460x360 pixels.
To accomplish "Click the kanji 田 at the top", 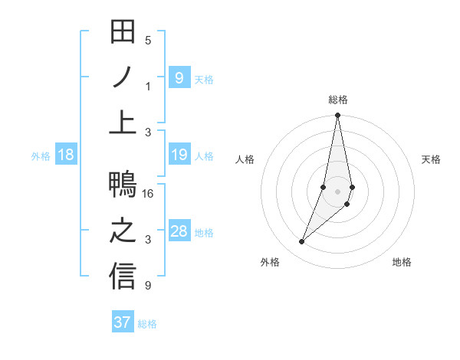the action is (x=123, y=32).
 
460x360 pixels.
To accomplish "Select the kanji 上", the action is (x=123, y=123).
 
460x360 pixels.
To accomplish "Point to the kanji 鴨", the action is (x=123, y=186).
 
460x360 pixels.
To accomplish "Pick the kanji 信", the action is (x=123, y=277).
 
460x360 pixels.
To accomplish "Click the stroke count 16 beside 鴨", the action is (x=149, y=194).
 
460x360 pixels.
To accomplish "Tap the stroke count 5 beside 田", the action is (x=148, y=40).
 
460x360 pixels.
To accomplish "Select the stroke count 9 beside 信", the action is (x=148, y=286).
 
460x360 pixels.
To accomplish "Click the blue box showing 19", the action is (x=179, y=155).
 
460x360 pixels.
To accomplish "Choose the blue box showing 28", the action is (x=179, y=232).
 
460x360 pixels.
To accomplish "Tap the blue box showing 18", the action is (x=65, y=155).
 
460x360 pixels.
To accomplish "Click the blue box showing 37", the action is (x=123, y=322).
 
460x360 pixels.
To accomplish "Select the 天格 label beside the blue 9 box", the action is (x=204, y=79).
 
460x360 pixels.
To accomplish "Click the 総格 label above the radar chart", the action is (x=337, y=100).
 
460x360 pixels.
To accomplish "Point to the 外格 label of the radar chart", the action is (x=270, y=262).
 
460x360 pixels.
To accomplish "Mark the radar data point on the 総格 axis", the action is (x=337, y=116).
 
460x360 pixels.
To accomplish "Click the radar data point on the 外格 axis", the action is (x=302, y=242).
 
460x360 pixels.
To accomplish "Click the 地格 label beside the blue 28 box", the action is (x=204, y=233).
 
